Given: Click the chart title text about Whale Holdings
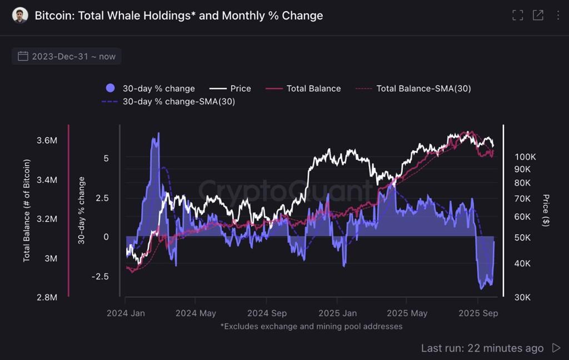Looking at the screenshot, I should [178, 16].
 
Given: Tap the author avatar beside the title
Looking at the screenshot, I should [20, 16].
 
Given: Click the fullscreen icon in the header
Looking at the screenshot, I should [517, 16].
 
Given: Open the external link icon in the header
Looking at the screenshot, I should [538, 16].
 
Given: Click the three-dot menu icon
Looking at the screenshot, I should [558, 16].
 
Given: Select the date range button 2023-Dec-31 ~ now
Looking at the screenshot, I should [67, 56].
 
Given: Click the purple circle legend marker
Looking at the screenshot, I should [110, 88].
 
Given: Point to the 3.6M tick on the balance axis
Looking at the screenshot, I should [47, 141].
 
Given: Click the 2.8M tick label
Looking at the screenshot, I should [47, 298].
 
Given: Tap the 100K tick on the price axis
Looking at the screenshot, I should [525, 157].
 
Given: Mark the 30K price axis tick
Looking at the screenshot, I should [523, 298].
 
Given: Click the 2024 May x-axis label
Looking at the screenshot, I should [196, 313].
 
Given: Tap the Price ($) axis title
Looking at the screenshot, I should [546, 211].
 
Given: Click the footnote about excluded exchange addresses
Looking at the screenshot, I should [311, 327].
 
